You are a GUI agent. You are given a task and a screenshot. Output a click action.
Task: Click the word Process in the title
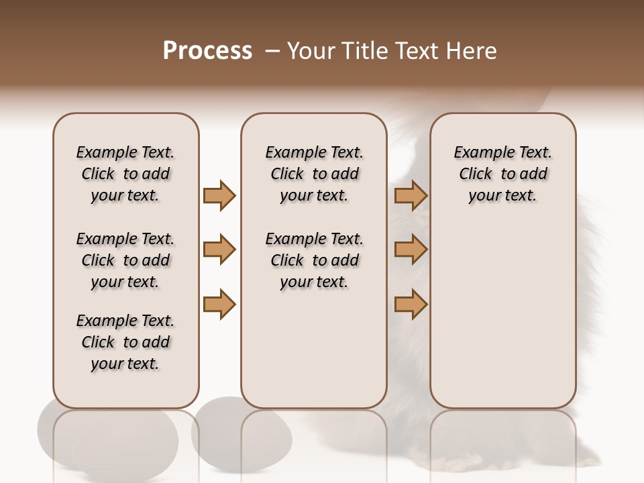[207, 51]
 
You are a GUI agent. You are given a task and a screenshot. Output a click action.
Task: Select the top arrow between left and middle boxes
[219, 195]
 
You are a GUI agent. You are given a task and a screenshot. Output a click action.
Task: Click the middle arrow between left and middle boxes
[219, 250]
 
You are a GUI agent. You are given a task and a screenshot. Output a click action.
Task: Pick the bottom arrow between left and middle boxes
[219, 304]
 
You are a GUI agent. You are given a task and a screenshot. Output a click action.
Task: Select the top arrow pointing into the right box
[411, 195]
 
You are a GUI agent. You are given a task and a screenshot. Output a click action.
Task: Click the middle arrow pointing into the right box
[411, 250]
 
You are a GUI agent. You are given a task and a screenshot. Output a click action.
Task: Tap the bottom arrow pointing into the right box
[411, 304]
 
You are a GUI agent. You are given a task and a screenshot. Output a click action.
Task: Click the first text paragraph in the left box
[125, 174]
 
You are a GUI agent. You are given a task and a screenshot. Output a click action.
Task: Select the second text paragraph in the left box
[125, 260]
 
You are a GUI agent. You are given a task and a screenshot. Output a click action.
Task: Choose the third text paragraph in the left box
[125, 342]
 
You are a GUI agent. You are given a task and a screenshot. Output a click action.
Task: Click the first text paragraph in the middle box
[314, 174]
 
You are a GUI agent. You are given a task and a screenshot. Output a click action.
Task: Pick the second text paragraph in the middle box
[314, 260]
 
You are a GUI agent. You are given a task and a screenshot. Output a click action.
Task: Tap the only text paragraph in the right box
[503, 174]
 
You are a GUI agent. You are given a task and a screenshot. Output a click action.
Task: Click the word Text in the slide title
[418, 51]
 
